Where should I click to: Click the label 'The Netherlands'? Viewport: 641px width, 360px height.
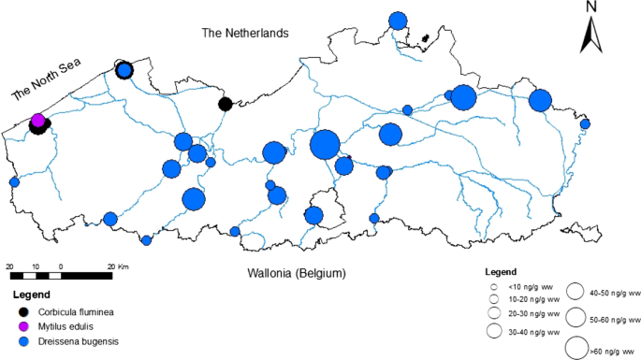point(245,34)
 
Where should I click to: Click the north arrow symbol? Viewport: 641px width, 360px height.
point(592,37)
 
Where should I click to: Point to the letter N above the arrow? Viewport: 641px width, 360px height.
point(592,8)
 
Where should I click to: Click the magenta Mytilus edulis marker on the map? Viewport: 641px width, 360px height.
point(38,120)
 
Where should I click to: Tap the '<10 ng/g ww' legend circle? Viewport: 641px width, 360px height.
point(492,287)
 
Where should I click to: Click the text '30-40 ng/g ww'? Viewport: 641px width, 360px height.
point(534,332)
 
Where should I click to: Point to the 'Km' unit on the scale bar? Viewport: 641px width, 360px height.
point(125,267)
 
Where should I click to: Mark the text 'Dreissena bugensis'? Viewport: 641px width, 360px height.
point(80,342)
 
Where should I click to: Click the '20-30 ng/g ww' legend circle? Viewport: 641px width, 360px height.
point(492,314)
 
